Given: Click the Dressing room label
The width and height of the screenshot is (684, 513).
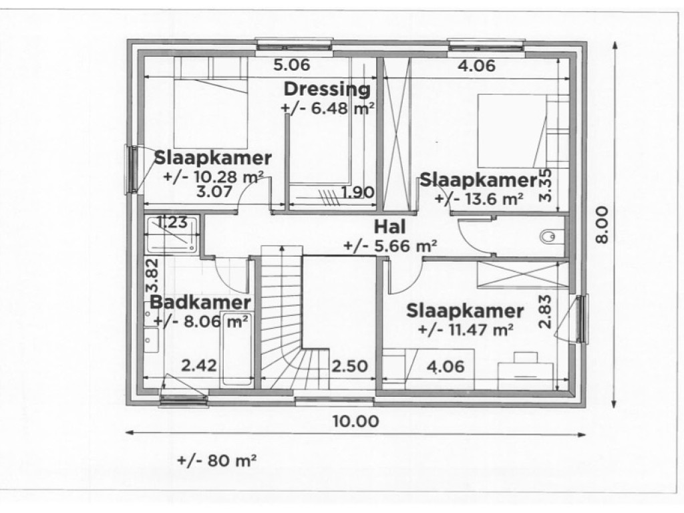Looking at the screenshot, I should coord(326,89).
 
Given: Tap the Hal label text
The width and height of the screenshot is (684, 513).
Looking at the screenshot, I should coord(391,226).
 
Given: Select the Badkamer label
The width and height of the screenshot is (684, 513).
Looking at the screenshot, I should coord(200,302).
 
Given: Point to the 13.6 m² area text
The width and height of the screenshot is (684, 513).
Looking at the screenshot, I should coord(478,198).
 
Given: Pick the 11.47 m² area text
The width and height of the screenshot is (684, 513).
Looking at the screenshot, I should coord(465,329).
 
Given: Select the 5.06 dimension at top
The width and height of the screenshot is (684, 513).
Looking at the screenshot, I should coord(293,65).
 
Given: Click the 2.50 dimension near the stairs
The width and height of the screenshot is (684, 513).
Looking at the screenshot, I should coord(349,366).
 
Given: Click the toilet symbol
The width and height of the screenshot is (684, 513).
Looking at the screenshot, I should coord(549,236).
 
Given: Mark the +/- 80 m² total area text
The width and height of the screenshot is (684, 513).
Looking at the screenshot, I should coord(217,460).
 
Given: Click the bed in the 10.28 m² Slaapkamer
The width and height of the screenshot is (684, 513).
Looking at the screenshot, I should coord(210,104).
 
